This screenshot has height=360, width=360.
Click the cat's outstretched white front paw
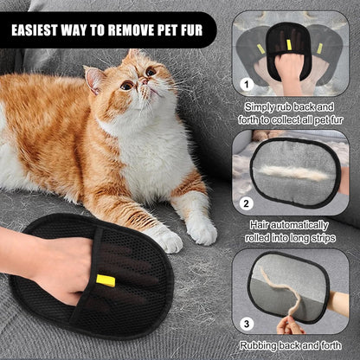tap(201, 230)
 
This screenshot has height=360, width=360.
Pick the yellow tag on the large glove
tap(106, 280)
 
